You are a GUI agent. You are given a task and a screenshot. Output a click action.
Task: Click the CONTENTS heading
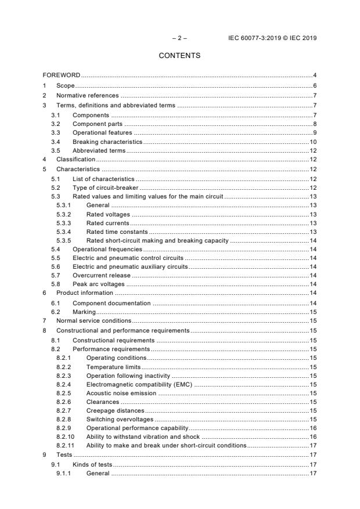(x=179, y=56)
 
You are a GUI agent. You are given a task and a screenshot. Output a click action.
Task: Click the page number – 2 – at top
(x=179, y=38)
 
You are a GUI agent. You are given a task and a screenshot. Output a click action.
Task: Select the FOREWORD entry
(x=62, y=75)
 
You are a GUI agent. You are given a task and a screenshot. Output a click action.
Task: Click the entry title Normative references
(x=87, y=95)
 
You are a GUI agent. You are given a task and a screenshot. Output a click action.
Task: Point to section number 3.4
(x=55, y=141)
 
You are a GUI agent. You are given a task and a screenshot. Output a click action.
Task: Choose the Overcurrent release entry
(x=102, y=275)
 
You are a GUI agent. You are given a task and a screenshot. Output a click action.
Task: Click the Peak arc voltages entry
(x=99, y=284)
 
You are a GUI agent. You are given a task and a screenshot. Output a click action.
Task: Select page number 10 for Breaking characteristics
(x=312, y=141)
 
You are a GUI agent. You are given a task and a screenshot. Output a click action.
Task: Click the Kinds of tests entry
(x=92, y=464)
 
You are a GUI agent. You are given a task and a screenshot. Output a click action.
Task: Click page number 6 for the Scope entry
(x=314, y=85)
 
